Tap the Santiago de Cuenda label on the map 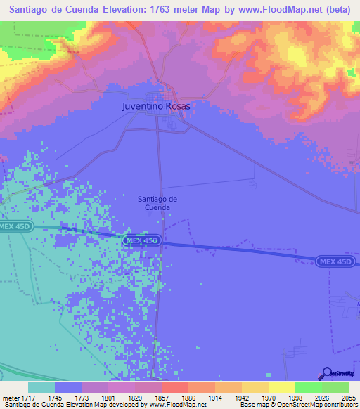[157, 203]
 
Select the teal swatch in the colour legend [41, 387]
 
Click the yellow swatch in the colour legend [282, 387]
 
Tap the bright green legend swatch [309, 387]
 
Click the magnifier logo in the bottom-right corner [326, 374]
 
